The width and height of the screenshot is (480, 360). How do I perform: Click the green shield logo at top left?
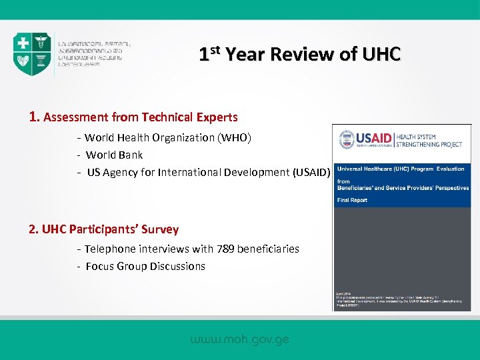32,53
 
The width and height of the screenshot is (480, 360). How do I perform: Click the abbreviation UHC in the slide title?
381,54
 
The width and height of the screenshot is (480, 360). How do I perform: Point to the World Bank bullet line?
114,155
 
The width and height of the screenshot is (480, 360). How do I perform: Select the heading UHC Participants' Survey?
103,229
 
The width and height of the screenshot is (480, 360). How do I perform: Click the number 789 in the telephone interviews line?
226,249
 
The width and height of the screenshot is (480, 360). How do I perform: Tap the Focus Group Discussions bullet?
145,266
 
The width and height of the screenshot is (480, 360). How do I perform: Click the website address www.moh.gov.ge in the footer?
240,339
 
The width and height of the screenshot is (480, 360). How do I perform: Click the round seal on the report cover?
347,139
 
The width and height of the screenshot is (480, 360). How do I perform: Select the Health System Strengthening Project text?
429,139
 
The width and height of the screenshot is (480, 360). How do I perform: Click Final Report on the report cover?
352,199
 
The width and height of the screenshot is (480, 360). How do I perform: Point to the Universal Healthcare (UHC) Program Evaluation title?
401,169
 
